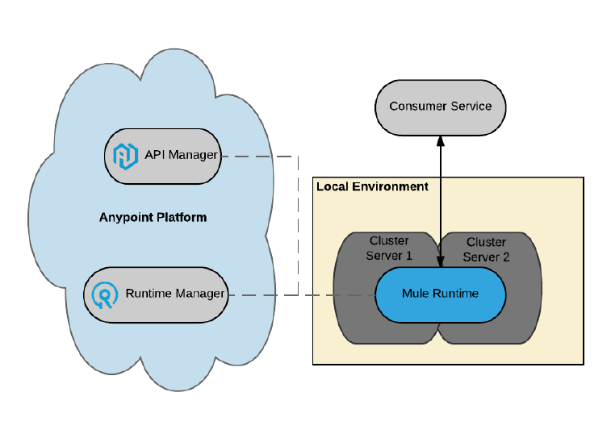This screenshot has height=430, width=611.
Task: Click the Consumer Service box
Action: tap(440, 106)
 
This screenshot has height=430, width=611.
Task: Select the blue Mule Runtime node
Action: tap(440, 293)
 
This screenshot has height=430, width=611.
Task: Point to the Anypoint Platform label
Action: tap(153, 217)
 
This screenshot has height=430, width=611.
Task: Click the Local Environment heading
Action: tap(372, 186)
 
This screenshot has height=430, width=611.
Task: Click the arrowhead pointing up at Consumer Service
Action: tap(441, 140)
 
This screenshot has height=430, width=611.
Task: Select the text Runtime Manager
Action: tap(174, 294)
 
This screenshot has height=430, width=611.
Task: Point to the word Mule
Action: tap(415, 293)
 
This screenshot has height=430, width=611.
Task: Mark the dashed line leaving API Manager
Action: tap(258, 156)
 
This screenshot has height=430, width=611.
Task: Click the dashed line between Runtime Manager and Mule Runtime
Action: tap(339, 294)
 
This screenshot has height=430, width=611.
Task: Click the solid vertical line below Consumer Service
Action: tap(441, 202)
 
